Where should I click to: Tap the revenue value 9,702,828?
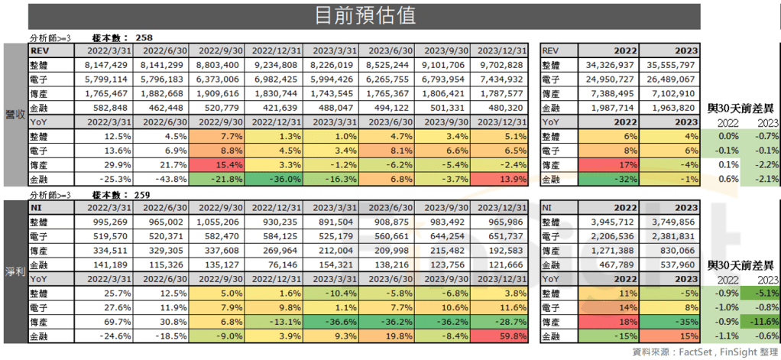point(501,64)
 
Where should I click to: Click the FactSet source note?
point(695,352)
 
